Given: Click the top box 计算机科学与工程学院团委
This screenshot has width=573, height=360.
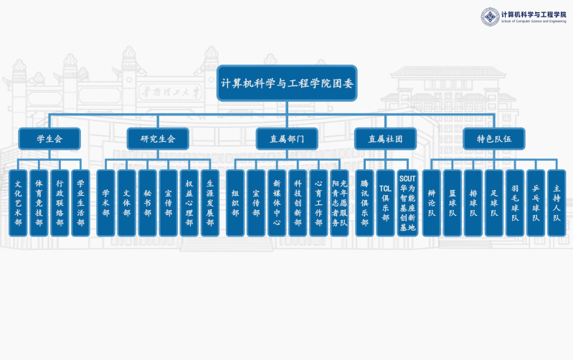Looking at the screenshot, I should tap(287, 82).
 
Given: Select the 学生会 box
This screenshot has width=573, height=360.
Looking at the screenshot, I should tap(49, 138).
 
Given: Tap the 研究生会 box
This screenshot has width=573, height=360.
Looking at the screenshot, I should tap(158, 138).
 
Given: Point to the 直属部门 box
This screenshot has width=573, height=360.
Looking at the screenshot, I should tap(287, 138).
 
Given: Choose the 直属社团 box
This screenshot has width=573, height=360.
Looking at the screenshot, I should tap(385, 138).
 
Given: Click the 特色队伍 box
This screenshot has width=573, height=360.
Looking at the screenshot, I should tap(494, 138).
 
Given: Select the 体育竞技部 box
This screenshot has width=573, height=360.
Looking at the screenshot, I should tap(39, 203).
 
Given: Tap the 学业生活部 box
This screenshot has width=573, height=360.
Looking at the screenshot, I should tap(80, 203).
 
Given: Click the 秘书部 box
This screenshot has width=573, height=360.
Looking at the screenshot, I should tap(147, 203).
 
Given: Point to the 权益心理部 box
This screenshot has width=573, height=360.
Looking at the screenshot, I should tap(189, 203).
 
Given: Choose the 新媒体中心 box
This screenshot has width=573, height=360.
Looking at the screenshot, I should tap(277, 203).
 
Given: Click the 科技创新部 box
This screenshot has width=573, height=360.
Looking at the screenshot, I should tap(298, 203).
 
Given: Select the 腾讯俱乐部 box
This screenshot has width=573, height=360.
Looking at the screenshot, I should tap(364, 203).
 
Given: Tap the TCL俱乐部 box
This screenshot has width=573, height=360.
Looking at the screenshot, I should tap(385, 203).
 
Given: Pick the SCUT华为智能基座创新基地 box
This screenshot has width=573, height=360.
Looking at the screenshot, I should tap(407, 203).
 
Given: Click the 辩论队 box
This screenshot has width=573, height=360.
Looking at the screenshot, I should tap(431, 203).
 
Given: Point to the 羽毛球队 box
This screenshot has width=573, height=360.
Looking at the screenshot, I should tap(515, 203).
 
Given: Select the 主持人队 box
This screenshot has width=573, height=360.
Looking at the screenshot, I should tap(557, 203).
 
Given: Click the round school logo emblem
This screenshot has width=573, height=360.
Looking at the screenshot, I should tap(490, 16).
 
